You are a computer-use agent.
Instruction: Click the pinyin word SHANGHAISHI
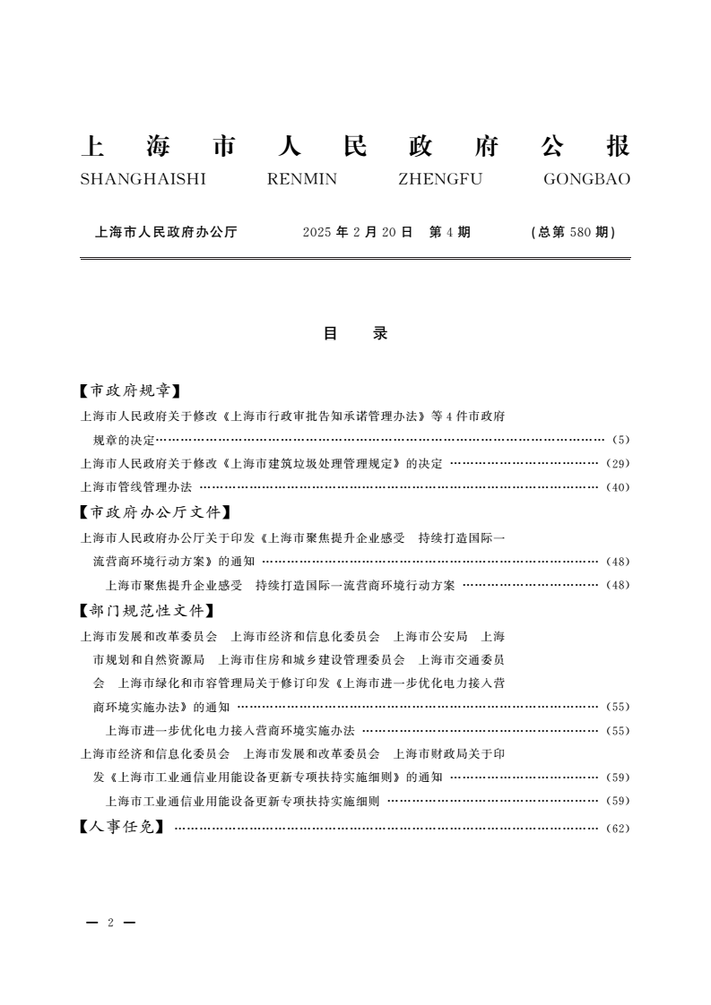[x=143, y=179]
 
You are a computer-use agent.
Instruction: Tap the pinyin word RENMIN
[x=302, y=179]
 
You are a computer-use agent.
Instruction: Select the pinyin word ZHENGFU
[x=439, y=179]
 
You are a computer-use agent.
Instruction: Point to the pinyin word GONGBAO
[x=586, y=179]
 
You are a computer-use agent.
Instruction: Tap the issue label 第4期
[x=449, y=232]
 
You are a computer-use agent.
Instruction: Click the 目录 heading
[x=355, y=334]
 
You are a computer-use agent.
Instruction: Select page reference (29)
[x=619, y=464]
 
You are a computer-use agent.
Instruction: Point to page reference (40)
[x=619, y=488]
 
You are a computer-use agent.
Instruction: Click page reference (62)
[x=619, y=829]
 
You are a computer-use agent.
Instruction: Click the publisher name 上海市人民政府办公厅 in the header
[x=166, y=232]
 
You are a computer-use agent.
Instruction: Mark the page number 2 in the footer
[x=110, y=923]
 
